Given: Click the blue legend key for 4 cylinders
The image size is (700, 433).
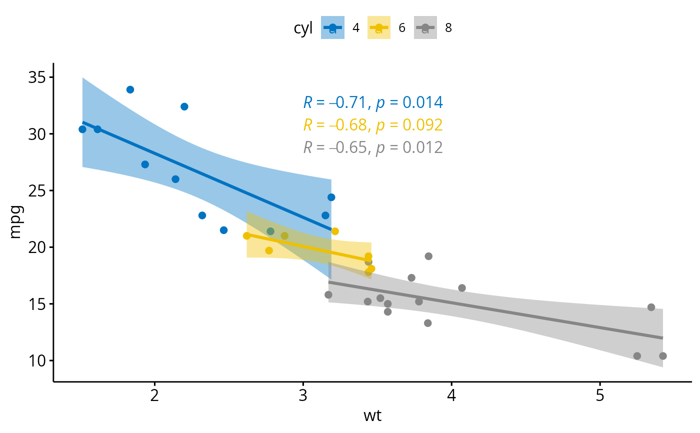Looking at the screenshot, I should (x=332, y=28).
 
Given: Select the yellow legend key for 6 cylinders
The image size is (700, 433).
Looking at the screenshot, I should (x=379, y=28).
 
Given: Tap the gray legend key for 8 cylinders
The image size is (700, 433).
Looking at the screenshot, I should (x=425, y=28).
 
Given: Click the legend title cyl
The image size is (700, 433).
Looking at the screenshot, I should (x=303, y=28).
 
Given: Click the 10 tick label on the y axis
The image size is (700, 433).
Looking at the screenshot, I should (x=36, y=360).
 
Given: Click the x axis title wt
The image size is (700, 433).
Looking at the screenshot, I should (x=372, y=415).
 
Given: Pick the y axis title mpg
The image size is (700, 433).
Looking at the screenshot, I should (x=15, y=222).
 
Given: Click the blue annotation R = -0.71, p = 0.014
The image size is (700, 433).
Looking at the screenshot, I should (x=373, y=102).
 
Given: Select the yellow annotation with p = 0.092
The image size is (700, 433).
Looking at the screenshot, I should (x=373, y=125).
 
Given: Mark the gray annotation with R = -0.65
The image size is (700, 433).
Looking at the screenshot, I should (x=373, y=147).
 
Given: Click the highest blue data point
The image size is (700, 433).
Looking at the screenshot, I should (x=130, y=89).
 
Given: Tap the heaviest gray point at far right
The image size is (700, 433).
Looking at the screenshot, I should (x=663, y=356).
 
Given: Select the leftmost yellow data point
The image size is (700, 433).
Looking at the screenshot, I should (x=246, y=236).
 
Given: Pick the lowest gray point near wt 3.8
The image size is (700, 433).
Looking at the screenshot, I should (x=427, y=323).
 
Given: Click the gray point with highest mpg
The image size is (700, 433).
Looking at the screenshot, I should (x=428, y=256).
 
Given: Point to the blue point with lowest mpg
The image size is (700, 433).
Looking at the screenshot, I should (x=223, y=230).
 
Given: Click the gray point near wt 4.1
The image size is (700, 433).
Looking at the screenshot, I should (x=462, y=288).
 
